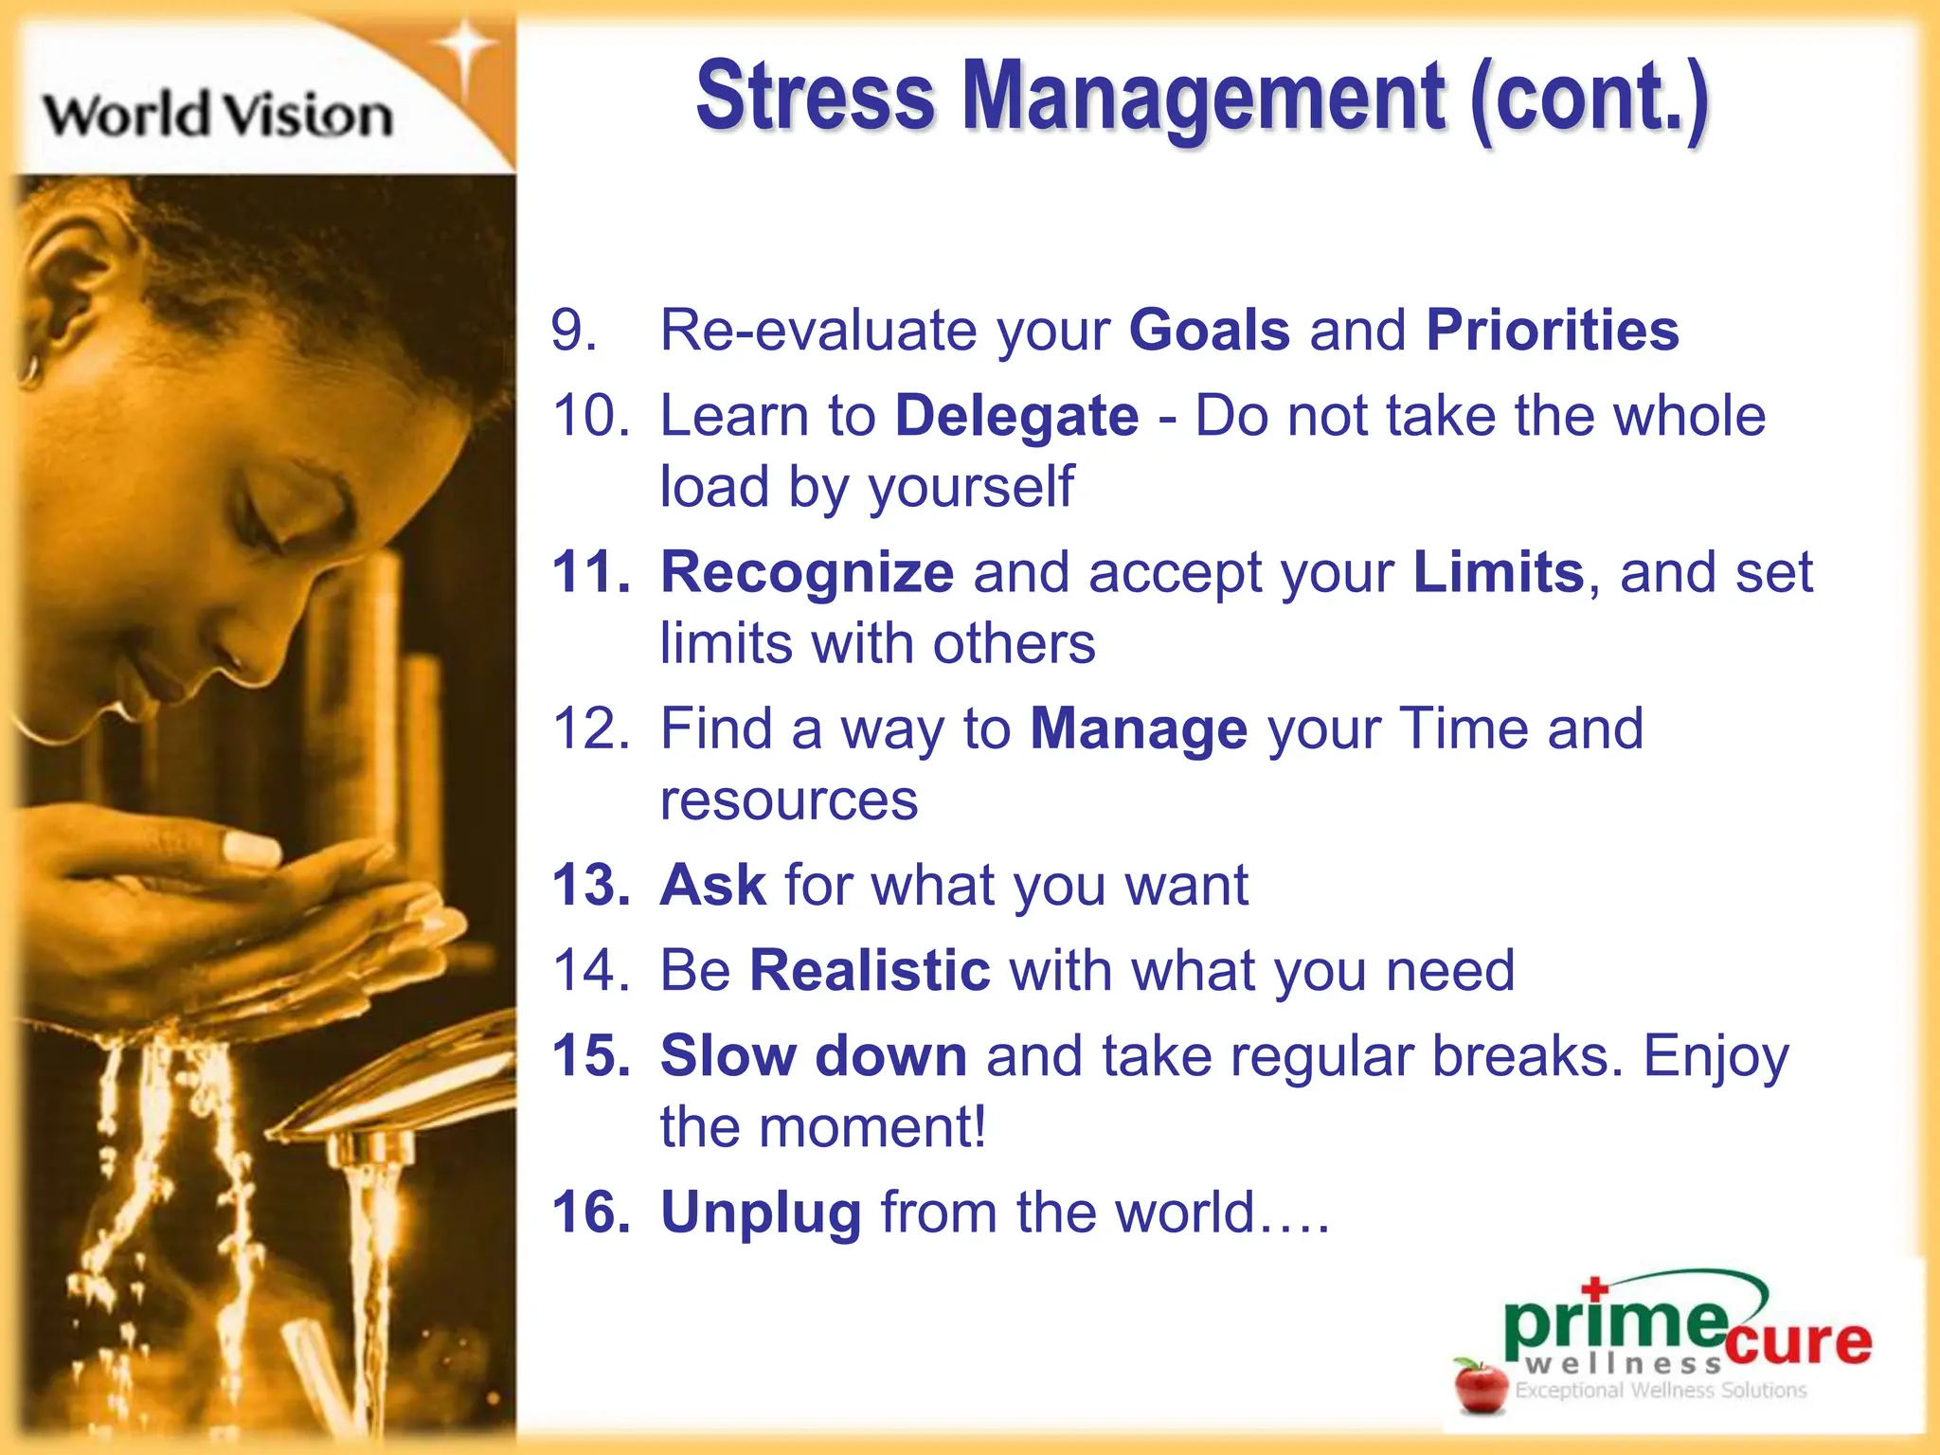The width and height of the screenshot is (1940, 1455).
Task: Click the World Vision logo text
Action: [218, 116]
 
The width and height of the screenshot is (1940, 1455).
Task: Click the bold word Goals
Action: [1209, 331]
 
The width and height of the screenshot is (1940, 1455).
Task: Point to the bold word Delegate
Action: [1016, 417]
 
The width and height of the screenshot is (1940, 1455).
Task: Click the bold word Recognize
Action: [806, 573]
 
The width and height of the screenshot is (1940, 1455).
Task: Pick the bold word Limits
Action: [1498, 573]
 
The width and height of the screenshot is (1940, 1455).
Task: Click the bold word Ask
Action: [712, 886]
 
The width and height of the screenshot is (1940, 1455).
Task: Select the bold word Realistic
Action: [869, 971]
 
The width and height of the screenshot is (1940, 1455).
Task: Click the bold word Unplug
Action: [761, 1213]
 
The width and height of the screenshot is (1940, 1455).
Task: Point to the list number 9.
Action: [573, 331]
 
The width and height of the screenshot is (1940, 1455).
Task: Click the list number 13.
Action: [590, 886]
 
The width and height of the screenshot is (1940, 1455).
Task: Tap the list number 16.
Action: [590, 1213]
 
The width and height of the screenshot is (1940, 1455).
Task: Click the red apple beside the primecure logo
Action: [1481, 1386]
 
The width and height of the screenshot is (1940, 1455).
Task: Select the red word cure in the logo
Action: [1798, 1341]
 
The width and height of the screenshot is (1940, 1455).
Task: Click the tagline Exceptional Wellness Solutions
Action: [1660, 1391]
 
